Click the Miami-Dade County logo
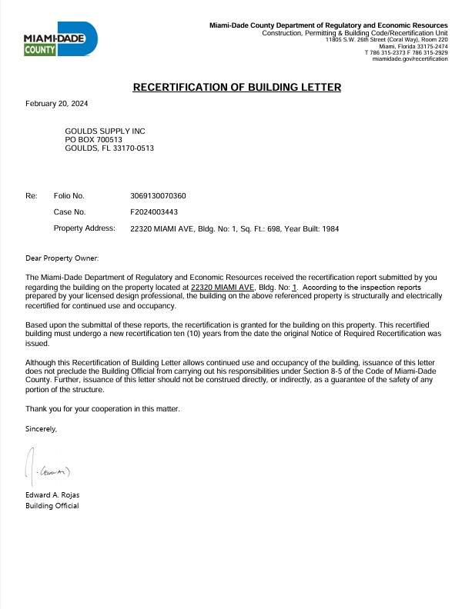coord(60,38)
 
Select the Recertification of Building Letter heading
coord(236,87)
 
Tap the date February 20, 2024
coord(56,103)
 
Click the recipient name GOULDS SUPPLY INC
coord(105,131)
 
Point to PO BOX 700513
coord(93,140)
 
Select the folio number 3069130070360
coord(158,195)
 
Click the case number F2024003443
coord(154,211)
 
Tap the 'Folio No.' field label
coord(69,195)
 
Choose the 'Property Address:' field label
coord(84,228)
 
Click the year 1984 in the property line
coord(330,228)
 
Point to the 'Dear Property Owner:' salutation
coord(62,258)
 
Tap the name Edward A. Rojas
coord(52,494)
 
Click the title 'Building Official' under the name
coord(52,506)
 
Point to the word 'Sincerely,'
coord(41,428)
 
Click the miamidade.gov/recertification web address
coord(410,59)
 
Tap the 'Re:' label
coord(31,195)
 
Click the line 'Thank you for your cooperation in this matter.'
coord(102,408)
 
